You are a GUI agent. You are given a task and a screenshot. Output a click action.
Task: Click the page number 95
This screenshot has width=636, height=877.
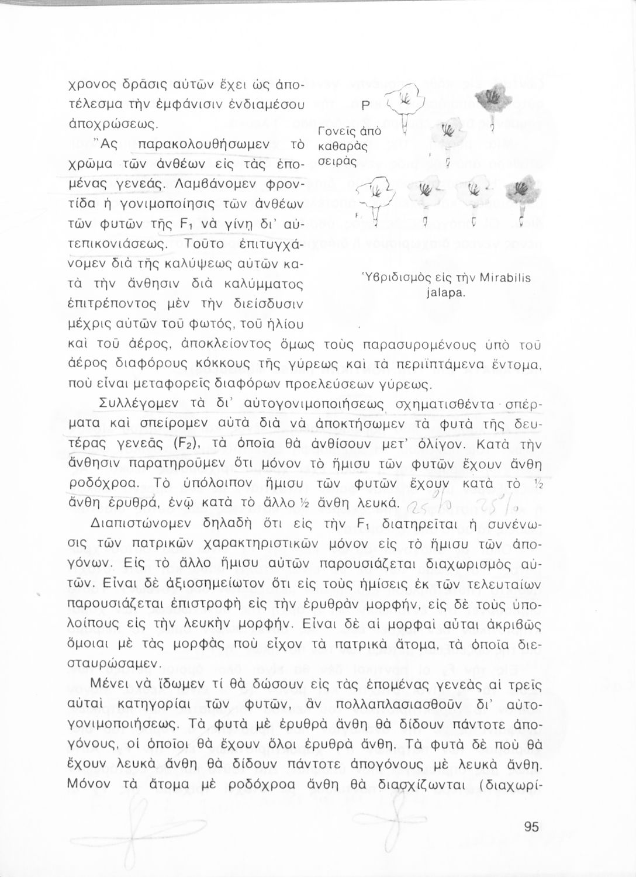[531, 826]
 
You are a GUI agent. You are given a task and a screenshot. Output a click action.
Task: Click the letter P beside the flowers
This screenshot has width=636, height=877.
[365, 106]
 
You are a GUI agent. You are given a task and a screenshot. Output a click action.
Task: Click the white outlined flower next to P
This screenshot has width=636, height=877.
[405, 99]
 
